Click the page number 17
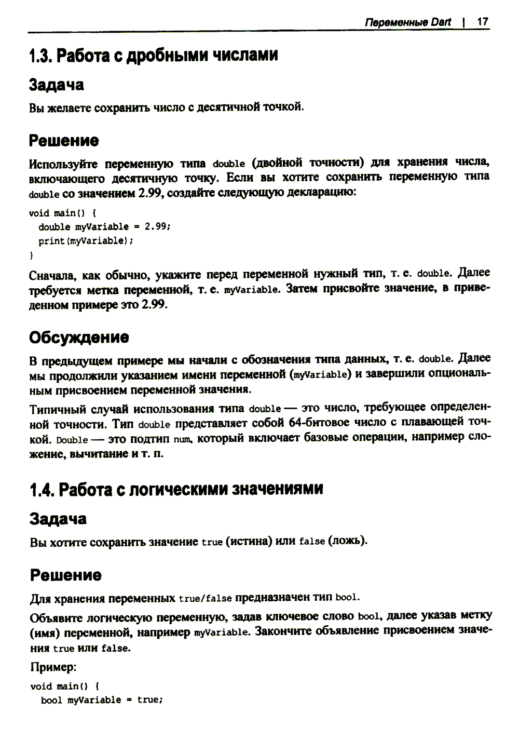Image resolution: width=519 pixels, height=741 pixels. click(x=482, y=22)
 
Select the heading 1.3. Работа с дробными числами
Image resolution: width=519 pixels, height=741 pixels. click(x=154, y=55)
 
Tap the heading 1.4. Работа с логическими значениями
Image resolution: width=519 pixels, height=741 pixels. click(x=176, y=489)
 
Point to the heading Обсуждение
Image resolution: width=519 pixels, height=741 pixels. click(x=79, y=338)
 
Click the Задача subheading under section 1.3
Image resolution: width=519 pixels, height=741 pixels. click(x=57, y=85)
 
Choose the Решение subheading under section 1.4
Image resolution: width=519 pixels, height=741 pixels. click(x=65, y=575)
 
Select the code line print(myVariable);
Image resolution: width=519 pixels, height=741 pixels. click(x=90, y=241)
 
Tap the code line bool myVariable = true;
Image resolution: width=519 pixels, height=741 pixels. click(x=102, y=700)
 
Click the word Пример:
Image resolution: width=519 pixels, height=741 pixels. click(x=53, y=667)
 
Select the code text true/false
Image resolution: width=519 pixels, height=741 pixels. click(x=205, y=598)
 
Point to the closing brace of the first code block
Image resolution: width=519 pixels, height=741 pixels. click(x=32, y=255)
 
